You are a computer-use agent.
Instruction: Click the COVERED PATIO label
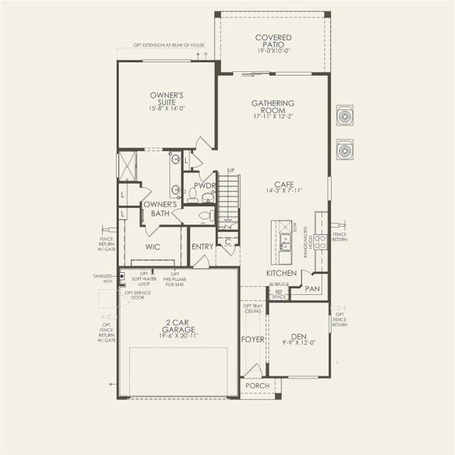[x=273, y=42]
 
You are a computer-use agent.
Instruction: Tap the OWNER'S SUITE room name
[x=166, y=99]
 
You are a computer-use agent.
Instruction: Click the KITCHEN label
[x=281, y=272]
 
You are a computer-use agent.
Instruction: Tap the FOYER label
[x=253, y=339]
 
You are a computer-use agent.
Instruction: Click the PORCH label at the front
[x=258, y=385]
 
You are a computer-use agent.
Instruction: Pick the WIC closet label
[x=152, y=246]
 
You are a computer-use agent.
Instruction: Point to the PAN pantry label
[x=312, y=289]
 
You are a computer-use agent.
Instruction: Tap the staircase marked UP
[x=229, y=201]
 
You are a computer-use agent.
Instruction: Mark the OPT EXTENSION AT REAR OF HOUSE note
[x=168, y=45]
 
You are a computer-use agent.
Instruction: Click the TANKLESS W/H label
[x=103, y=278]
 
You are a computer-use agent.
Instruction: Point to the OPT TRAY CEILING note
[x=253, y=308]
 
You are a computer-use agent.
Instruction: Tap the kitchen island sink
[x=286, y=243]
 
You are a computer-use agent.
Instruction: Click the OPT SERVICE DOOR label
[x=136, y=294]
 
